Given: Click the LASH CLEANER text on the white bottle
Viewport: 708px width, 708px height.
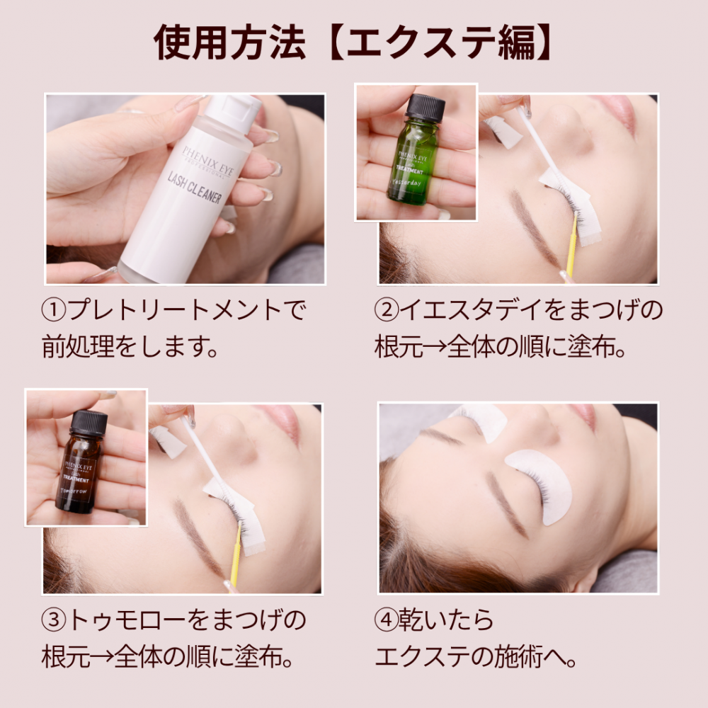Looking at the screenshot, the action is [195, 188].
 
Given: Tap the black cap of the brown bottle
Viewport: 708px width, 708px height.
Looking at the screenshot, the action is [89, 423].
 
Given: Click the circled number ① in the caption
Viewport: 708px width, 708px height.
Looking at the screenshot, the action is [54, 310].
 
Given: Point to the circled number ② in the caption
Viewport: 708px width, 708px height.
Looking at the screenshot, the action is [387, 310].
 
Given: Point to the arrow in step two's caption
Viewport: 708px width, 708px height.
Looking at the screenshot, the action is [435, 347].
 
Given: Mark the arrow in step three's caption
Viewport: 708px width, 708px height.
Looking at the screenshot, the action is [102, 657].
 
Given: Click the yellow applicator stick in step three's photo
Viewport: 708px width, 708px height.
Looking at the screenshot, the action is [236, 555].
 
